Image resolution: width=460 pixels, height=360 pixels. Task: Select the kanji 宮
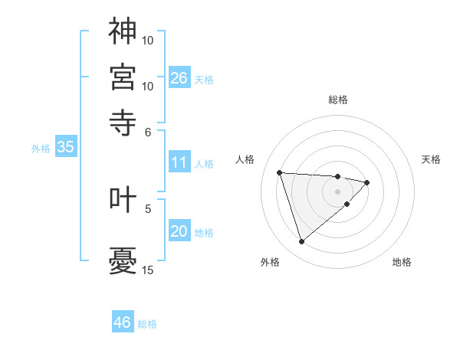123,77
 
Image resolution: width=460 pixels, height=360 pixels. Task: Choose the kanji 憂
123,261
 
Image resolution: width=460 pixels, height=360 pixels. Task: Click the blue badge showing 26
179,77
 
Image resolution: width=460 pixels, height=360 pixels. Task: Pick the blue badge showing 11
179,162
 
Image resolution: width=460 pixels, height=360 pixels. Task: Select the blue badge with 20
179,231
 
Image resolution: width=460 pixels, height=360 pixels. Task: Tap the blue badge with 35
65,148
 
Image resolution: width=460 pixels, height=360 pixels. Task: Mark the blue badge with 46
123,322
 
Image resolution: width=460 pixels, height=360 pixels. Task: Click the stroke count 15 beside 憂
148,270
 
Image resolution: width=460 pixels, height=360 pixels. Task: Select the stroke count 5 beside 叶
148,208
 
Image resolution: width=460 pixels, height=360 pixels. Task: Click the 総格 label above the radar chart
338,100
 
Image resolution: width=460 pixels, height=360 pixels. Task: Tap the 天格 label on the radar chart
431,159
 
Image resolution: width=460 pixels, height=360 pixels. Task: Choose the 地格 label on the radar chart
402,262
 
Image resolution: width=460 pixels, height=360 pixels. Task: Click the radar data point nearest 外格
301,242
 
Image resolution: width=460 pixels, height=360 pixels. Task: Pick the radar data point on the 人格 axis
280,172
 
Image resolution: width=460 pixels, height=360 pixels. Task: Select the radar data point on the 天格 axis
367,182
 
